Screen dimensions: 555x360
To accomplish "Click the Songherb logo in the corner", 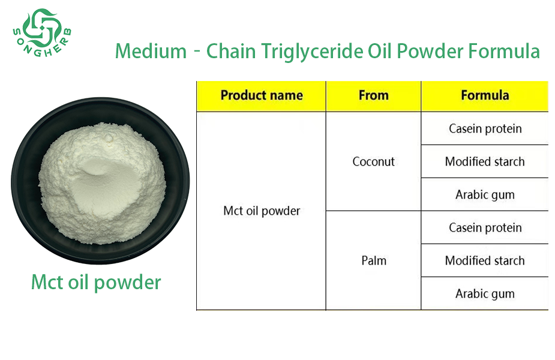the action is click(x=42, y=32).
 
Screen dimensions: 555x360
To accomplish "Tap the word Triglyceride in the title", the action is click(x=312, y=52).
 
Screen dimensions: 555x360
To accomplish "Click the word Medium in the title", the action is click(x=151, y=51).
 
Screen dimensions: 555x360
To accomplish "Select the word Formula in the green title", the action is click(x=503, y=51).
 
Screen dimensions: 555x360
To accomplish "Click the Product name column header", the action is click(x=262, y=95).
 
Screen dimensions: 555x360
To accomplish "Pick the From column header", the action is click(x=373, y=95).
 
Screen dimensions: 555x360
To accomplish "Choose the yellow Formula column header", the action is click(x=485, y=95).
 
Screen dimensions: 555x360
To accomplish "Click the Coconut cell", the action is click(x=373, y=161).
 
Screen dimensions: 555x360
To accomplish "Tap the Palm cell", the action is click(x=374, y=260).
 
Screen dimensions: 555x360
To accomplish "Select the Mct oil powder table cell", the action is click(x=262, y=211).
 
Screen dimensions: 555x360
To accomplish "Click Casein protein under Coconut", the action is click(x=485, y=128).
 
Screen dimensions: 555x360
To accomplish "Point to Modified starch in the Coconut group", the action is click(x=485, y=161).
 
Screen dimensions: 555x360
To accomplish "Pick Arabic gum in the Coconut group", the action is click(x=485, y=195).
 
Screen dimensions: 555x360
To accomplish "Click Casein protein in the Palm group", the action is click(x=485, y=227).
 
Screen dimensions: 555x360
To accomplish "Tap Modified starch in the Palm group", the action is click(x=485, y=260).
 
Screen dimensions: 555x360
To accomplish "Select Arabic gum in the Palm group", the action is click(x=485, y=294).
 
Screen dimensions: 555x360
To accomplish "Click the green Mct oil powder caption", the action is click(x=96, y=283).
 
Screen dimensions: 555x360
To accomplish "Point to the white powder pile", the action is click(x=101, y=184).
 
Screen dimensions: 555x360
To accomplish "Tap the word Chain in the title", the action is click(x=231, y=51).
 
